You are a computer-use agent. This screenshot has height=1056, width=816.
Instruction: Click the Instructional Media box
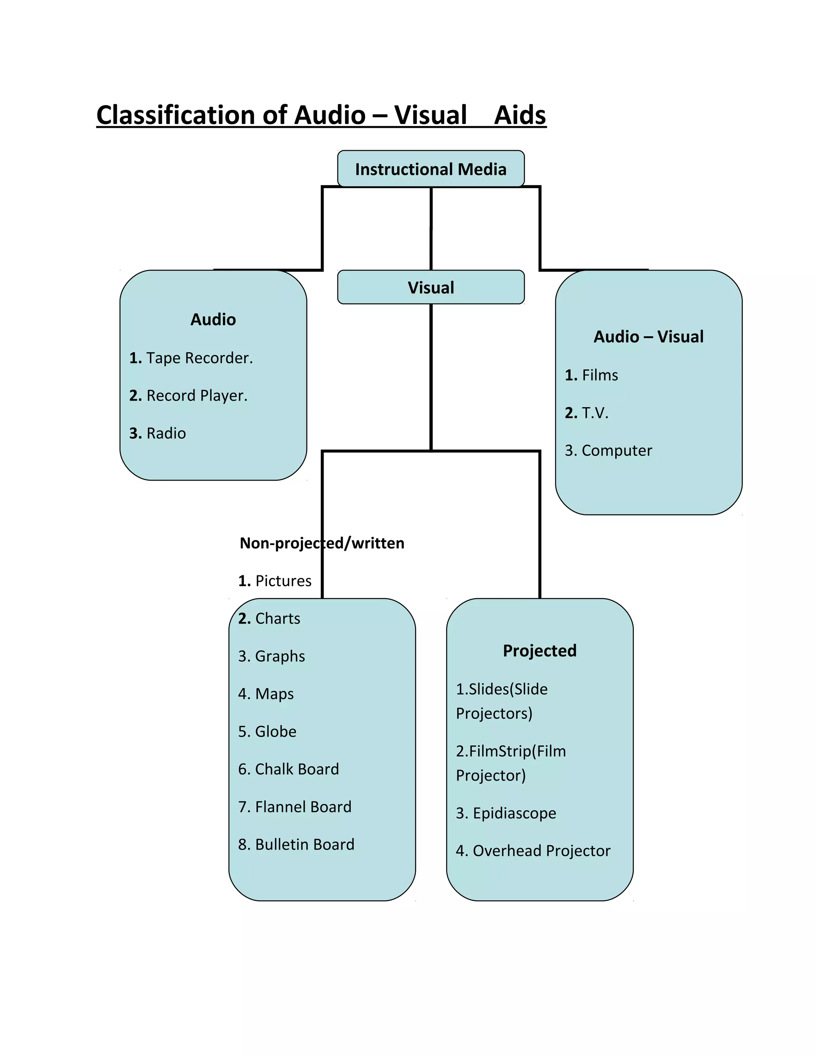[x=430, y=169]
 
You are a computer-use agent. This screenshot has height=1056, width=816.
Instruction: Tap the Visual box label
[x=430, y=288]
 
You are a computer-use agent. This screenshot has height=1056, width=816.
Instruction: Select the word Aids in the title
[x=520, y=116]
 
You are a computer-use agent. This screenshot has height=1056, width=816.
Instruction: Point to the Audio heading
[x=213, y=320]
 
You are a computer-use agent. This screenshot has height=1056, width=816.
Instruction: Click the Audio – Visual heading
[x=648, y=337]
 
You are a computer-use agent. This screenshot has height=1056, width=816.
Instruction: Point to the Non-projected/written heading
[x=322, y=543]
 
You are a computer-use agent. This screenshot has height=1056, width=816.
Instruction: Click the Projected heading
[x=539, y=651]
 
